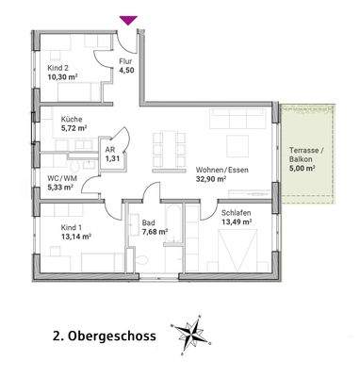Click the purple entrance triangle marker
click(128, 18)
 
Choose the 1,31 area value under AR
click(112, 158)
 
